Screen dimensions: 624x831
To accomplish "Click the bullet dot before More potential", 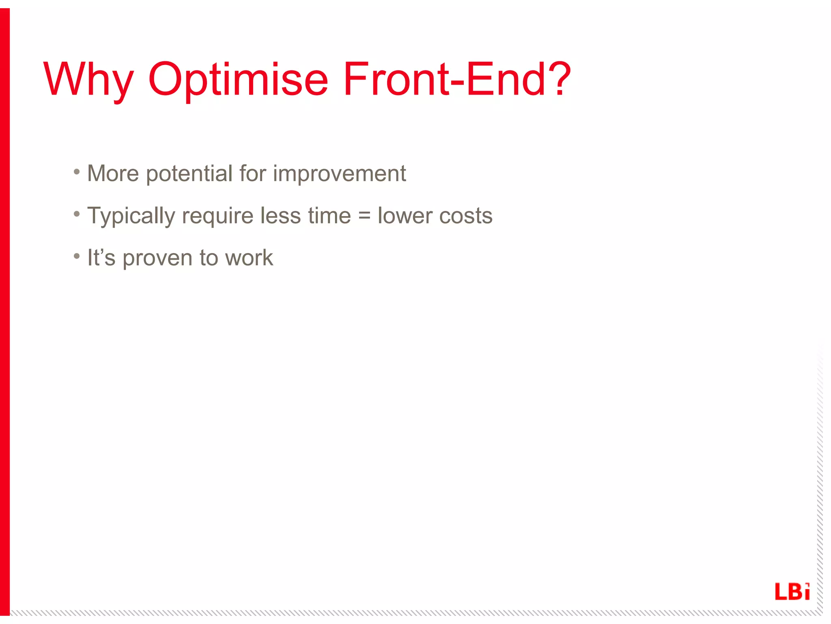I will (77, 172).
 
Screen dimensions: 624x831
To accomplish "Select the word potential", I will (189, 174).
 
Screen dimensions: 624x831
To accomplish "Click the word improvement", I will (339, 174).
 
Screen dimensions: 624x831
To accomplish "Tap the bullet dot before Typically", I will (77, 214).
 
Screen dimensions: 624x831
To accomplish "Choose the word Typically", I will (131, 216).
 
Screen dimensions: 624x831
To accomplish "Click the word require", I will (217, 216).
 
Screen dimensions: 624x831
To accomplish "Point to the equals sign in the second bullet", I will (364, 216).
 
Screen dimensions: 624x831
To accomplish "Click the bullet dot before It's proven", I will (77, 256).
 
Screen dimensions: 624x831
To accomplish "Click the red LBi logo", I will (792, 591).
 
